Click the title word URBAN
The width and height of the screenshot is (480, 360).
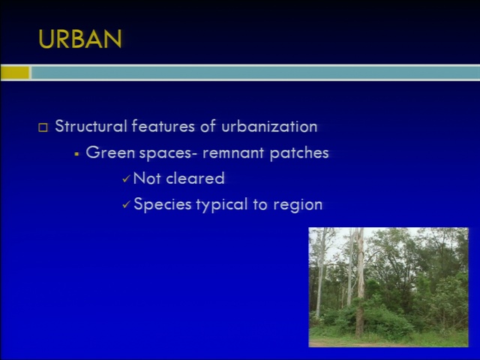pos(80,39)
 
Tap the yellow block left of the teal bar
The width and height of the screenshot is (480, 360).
pos(15,73)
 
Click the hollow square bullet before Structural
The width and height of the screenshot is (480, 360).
pos(43,127)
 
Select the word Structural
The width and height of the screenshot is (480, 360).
pos(91,126)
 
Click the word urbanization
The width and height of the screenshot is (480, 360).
pos(269,127)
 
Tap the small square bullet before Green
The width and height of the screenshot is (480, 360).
pos(76,154)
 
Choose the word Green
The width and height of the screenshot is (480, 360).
pos(110,152)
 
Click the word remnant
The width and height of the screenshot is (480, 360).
pos(233,153)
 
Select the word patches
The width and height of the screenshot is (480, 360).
pos(299,153)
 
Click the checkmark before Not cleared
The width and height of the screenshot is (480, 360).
pos(126,178)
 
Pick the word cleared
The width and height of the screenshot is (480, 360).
pos(195,178)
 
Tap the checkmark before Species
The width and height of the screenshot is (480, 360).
pos(126,204)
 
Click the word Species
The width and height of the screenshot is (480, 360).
pos(163,205)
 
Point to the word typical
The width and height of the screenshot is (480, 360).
pos(222,205)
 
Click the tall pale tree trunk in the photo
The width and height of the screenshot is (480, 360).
pos(360,282)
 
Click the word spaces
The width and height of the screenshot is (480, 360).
pos(166,153)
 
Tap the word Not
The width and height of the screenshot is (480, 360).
pos(147,178)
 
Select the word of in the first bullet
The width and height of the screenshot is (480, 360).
pos(208,126)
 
